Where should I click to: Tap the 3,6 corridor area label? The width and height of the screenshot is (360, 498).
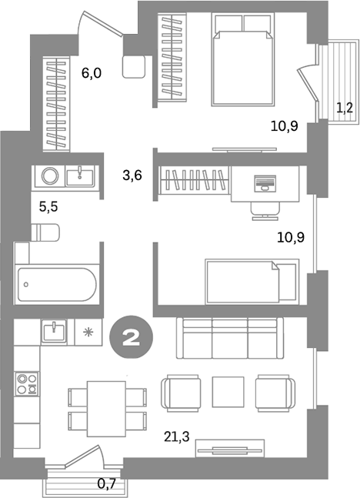click(x=132, y=175)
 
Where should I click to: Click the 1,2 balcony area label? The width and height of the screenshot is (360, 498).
click(x=344, y=107)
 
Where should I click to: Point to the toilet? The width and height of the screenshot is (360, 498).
click(x=45, y=231)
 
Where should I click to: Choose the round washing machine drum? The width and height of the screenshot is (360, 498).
click(x=50, y=176)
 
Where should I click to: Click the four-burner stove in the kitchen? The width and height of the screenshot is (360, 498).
click(x=28, y=384)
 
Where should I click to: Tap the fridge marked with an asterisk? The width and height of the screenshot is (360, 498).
click(x=87, y=333)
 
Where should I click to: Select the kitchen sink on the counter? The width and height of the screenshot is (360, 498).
click(x=54, y=333)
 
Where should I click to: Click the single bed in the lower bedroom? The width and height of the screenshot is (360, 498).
click(x=251, y=282)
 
